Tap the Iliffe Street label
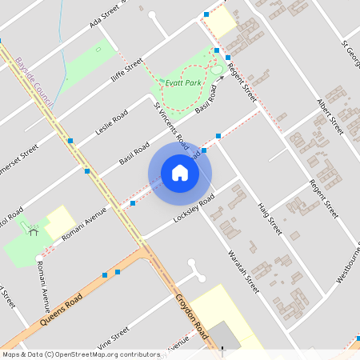126,72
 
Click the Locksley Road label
195,210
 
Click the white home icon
180,173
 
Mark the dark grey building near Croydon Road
229,338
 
